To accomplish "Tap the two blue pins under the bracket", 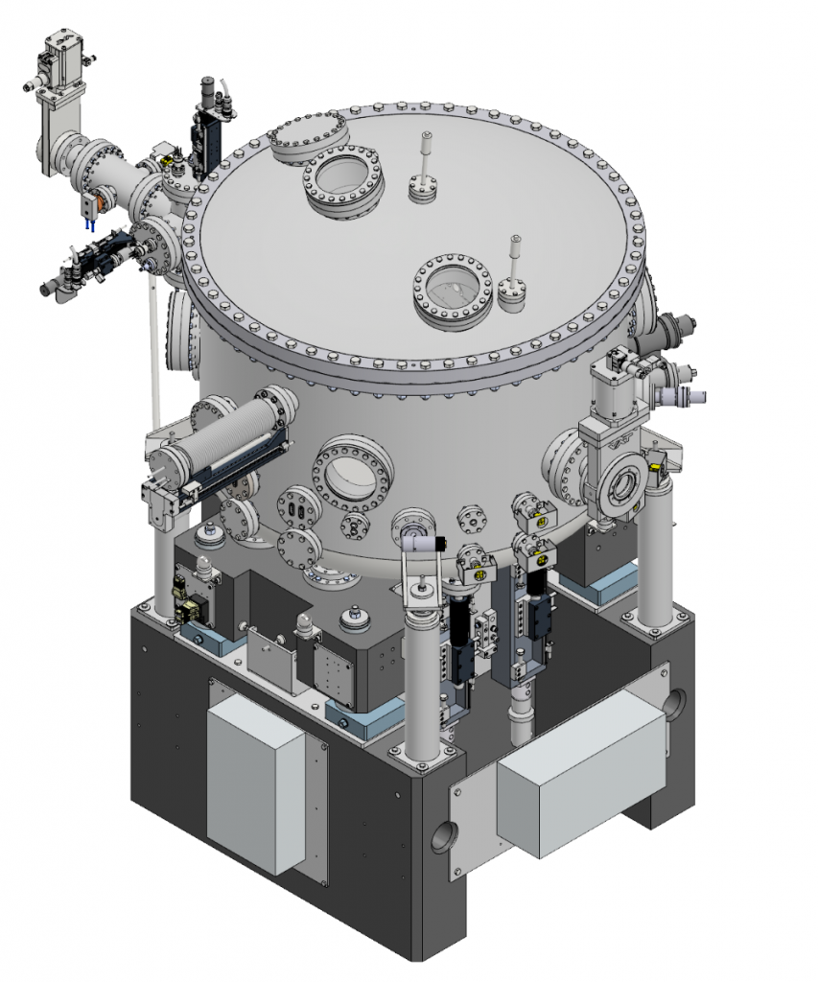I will (x=87, y=224).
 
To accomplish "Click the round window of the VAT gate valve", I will (x=622, y=485).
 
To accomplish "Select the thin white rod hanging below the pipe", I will (x=152, y=355).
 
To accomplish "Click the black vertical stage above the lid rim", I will (x=207, y=133).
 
